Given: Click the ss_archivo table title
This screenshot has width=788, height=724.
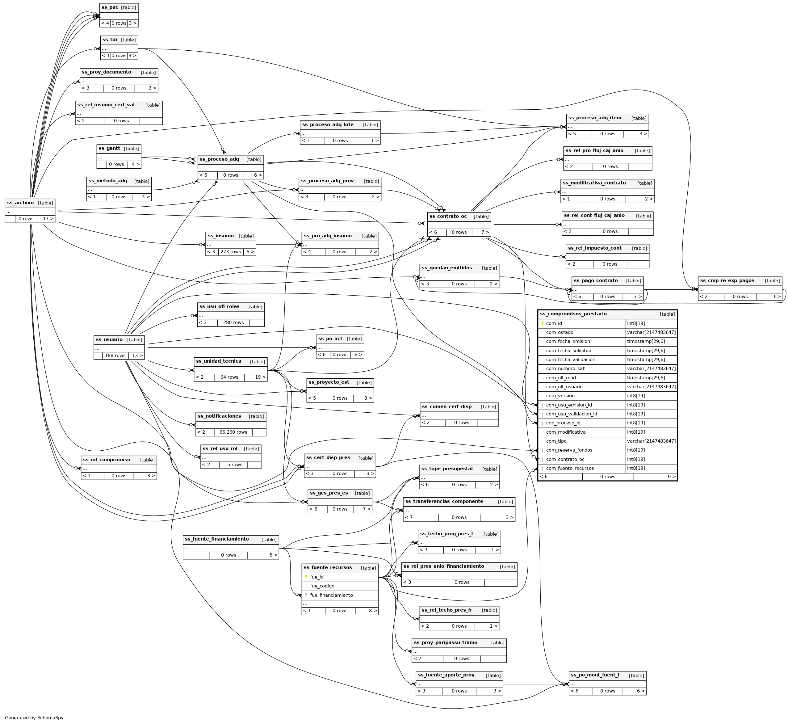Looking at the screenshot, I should [20, 203].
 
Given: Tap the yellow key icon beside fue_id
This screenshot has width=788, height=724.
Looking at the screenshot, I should [306, 577].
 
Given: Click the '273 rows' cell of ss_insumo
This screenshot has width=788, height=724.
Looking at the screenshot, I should [231, 251].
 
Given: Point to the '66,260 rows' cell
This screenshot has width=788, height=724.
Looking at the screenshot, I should [233, 432].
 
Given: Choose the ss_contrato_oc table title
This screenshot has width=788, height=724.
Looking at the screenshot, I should [448, 216].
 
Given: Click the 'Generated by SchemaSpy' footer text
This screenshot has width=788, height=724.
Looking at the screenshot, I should [34, 718].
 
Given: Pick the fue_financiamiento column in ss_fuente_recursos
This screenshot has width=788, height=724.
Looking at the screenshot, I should [331, 595].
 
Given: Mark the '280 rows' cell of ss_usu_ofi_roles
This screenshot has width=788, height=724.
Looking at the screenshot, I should [233, 322].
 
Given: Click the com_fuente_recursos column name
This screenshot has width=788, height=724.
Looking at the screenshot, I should [570, 468].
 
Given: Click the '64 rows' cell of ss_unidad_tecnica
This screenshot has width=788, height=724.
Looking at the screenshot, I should [229, 377].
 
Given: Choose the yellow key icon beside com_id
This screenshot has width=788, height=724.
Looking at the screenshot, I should [543, 324].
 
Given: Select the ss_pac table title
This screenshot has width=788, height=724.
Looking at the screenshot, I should [109, 7].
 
